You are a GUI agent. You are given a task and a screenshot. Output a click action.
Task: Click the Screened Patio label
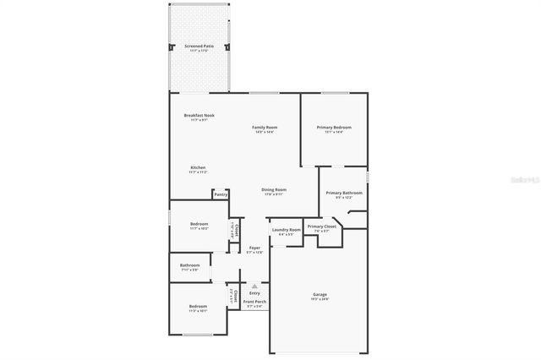[199, 46]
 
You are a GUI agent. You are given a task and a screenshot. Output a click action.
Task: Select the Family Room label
[265, 128]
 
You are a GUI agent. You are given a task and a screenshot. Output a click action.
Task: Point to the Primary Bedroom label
[334, 128]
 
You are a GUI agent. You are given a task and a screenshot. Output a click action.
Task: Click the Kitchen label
[197, 167]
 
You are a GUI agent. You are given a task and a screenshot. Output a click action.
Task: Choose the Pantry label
[220, 194]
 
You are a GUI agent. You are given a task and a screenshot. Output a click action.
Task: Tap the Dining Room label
[273, 190]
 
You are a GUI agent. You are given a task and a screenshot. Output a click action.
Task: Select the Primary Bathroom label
[344, 194]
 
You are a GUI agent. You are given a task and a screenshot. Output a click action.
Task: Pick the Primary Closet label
[321, 226]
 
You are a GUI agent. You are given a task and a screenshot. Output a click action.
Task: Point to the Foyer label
[254, 248]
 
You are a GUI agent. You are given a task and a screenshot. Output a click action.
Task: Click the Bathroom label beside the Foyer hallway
[189, 265]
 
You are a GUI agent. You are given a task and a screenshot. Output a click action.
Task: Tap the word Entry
[254, 293]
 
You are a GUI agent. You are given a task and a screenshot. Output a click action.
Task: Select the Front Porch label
[254, 302]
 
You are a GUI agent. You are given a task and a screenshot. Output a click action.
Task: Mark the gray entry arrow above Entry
[254, 286]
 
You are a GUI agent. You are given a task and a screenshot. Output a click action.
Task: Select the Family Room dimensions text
[265, 132]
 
